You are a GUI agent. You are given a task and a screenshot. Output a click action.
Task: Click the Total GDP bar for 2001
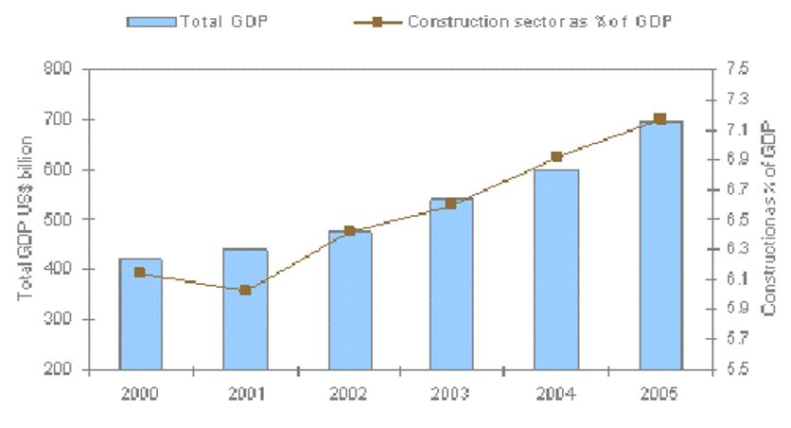245,309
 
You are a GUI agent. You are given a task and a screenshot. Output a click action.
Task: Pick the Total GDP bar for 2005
660,245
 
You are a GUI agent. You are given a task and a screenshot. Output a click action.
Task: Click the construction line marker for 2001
245,290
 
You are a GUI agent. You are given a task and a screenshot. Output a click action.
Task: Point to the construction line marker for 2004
556,156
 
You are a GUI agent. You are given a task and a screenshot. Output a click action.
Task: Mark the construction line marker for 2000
140,273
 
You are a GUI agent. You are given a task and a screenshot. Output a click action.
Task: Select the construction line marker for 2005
660,118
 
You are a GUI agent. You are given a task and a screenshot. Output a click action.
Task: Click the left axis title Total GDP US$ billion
26,219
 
